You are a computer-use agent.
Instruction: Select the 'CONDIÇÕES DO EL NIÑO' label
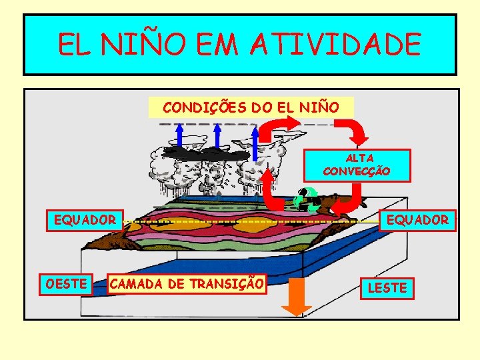click(x=251, y=107)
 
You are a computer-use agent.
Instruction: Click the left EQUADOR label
click(x=85, y=219)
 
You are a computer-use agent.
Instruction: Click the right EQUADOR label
click(x=418, y=219)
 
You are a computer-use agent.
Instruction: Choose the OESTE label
click(x=65, y=284)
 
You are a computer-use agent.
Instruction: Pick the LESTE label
click(x=387, y=288)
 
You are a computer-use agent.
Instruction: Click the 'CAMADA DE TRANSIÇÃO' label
click(x=186, y=283)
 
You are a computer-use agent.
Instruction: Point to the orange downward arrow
click(x=296, y=297)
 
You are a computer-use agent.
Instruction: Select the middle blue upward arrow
click(x=217, y=143)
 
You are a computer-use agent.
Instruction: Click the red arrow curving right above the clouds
click(x=279, y=126)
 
